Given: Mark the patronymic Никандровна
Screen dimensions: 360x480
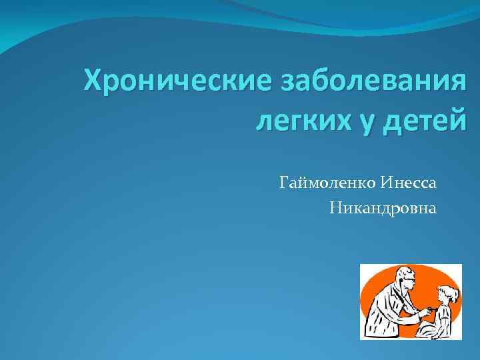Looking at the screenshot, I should coord(383,209).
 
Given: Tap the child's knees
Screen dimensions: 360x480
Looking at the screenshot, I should coord(430,327).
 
